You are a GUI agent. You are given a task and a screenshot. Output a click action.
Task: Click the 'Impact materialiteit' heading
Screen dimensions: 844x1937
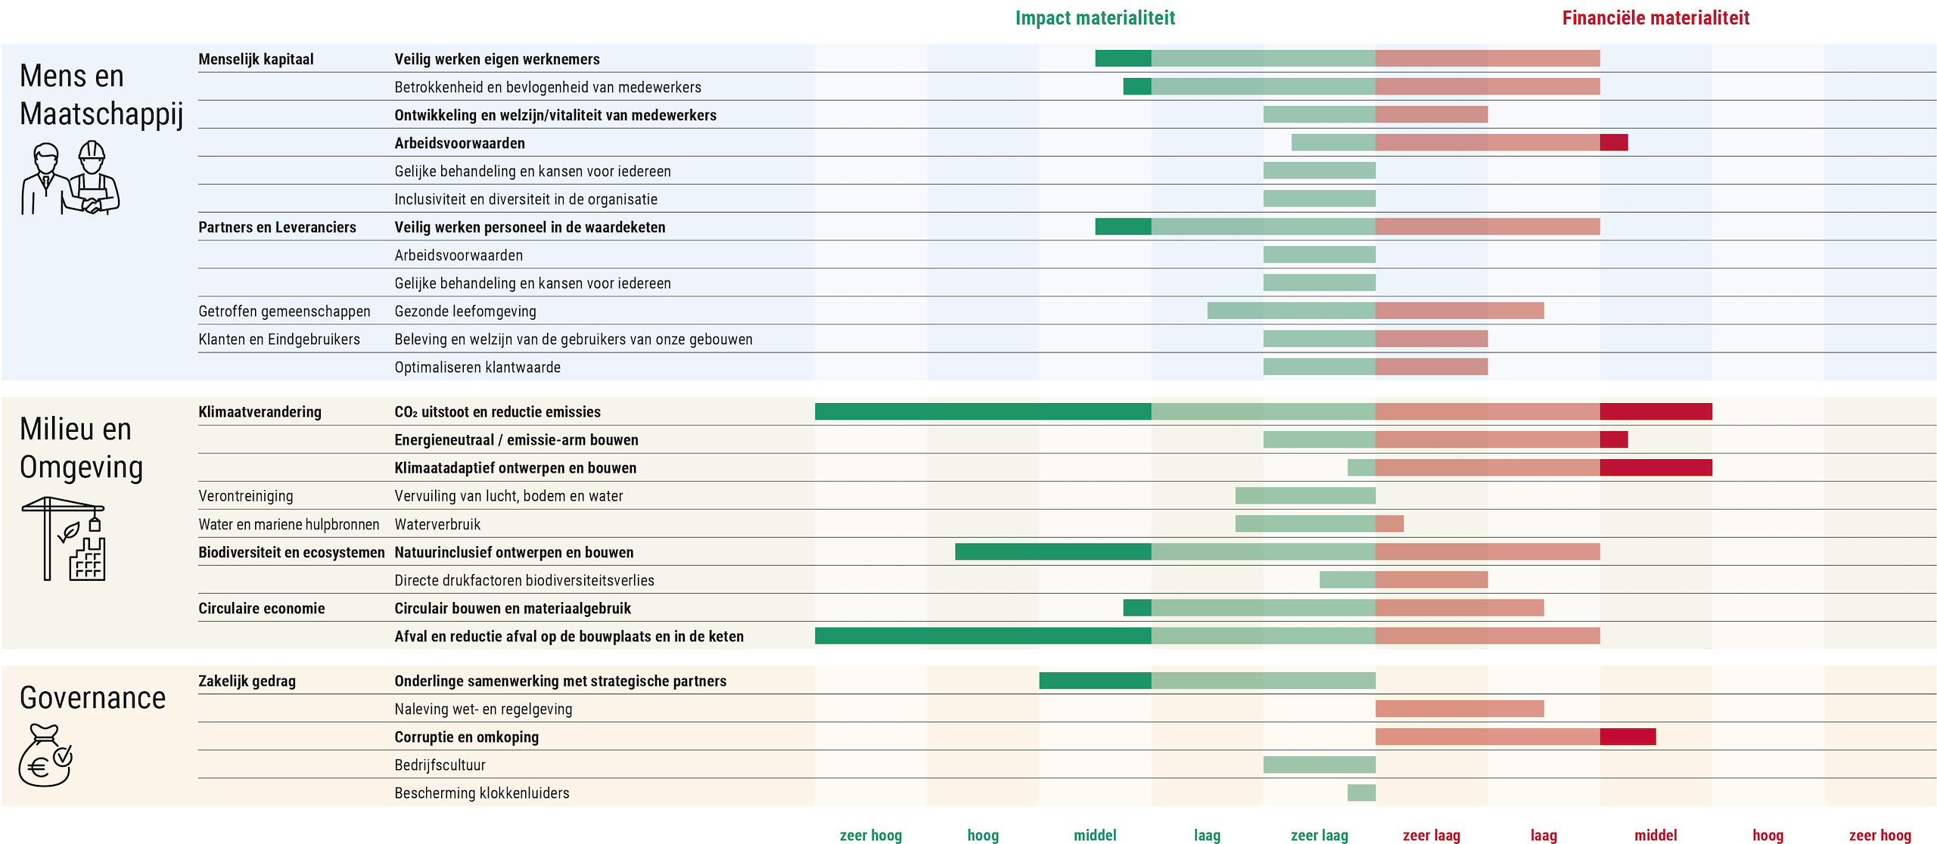coord(1094,18)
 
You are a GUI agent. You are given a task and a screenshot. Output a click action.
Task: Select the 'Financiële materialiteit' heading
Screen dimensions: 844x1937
coord(1656,18)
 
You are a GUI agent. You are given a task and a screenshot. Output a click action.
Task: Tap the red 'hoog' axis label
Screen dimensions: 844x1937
coord(1768,835)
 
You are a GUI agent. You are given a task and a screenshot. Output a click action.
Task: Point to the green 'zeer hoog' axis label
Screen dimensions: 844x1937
coord(870,835)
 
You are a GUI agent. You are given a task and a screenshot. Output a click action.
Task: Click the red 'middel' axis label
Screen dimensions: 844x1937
coord(1656,835)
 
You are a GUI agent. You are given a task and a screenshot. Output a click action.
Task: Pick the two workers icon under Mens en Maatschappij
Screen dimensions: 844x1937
coord(70,178)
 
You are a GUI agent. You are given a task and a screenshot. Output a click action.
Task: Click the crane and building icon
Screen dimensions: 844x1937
coord(64,538)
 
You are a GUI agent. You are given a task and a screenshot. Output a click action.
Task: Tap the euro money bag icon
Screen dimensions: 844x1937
coord(45,756)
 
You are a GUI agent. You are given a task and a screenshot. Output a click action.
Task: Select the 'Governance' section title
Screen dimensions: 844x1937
coord(92,697)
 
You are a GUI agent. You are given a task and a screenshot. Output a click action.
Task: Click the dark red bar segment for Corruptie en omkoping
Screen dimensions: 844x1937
coord(1628,737)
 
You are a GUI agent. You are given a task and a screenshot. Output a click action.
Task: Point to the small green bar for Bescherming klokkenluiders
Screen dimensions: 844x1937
coord(1361,793)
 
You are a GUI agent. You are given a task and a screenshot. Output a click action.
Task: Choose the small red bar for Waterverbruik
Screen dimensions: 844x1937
coord(1389,523)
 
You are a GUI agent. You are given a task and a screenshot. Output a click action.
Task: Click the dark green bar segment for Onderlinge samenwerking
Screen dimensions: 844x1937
coord(1095,681)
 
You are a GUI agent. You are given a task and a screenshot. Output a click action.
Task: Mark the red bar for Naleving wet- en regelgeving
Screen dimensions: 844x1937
coord(1460,709)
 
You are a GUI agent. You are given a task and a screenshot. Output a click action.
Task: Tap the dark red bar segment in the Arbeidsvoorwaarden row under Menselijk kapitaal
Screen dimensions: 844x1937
coord(1614,143)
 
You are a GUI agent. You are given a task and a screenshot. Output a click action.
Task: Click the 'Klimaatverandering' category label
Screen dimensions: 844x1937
coord(260,412)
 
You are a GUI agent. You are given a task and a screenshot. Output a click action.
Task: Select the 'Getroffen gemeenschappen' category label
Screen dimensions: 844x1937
coord(284,312)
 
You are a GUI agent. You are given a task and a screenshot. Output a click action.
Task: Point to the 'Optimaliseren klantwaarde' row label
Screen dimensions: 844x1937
coord(477,368)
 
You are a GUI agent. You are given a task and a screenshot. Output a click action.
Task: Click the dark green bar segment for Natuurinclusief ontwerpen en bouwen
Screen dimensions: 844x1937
coord(1052,552)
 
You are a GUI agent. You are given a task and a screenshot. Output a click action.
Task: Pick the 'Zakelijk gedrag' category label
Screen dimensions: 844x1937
coord(247,681)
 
